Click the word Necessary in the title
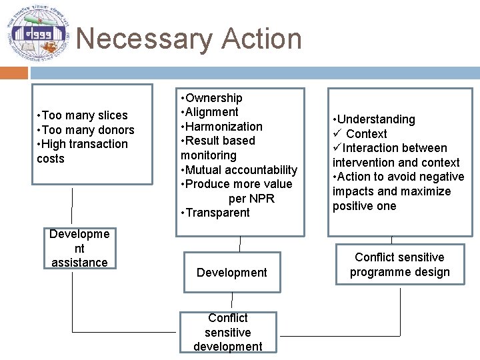141,39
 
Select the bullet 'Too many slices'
83,115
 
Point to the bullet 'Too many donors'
86,130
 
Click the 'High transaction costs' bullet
83,151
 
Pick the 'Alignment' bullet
210,112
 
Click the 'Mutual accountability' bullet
239,169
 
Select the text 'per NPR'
251,199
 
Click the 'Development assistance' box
79,248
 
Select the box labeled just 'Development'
231,272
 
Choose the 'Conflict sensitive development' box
228,332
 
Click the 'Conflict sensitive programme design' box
399,265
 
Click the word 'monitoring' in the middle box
209,155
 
